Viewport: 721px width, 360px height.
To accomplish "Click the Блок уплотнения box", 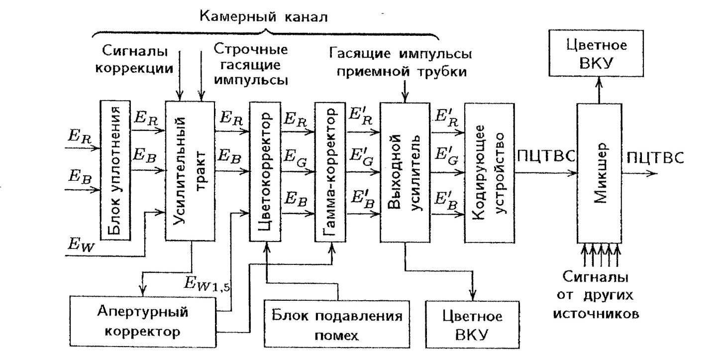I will [x=115, y=170].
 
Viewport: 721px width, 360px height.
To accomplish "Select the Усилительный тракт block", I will [x=190, y=171].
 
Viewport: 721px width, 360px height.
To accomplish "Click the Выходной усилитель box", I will [x=405, y=172].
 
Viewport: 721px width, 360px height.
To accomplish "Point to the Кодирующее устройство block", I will [x=489, y=172].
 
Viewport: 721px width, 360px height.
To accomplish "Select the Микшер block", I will [x=602, y=172].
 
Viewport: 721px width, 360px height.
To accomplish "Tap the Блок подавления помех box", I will [x=336, y=326].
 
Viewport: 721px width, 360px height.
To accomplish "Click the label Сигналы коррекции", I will [x=134, y=59].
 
